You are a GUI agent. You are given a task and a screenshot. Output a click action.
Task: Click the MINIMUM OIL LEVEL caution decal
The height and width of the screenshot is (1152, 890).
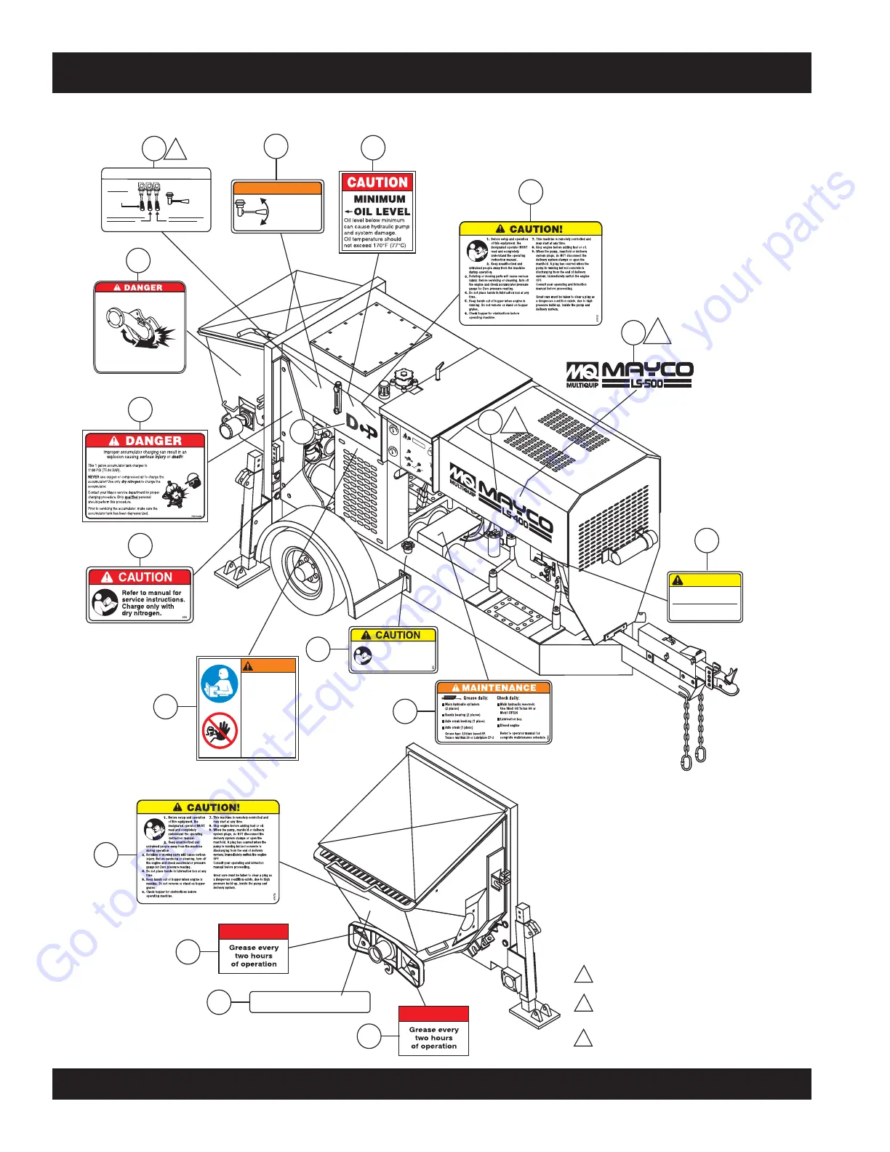coord(377,212)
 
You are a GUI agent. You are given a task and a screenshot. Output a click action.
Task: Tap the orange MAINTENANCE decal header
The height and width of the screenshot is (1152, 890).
coord(494,687)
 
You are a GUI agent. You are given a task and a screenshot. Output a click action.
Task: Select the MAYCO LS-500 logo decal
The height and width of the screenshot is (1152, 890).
coord(630,374)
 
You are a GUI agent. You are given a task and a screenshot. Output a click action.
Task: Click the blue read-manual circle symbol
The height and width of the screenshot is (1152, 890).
coord(220,684)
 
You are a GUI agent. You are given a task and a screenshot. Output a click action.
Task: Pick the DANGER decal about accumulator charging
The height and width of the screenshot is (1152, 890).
coord(145,476)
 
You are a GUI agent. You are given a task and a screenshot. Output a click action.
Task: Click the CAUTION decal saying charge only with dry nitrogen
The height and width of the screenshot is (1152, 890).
coord(140,595)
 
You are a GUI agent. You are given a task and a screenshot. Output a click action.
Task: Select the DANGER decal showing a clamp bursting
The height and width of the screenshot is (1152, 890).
coord(140,327)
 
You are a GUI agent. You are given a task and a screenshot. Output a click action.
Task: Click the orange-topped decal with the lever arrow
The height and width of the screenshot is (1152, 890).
coord(277,207)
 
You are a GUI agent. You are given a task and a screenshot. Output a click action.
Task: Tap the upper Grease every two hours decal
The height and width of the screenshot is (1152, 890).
coord(254,948)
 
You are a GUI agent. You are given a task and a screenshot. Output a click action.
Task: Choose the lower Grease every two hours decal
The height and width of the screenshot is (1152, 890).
coord(433,1031)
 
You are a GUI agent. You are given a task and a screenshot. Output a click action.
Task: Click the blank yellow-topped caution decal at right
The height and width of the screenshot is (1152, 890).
coord(705,596)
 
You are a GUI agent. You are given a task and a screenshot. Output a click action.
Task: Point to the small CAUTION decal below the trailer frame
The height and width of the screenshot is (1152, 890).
coord(393,649)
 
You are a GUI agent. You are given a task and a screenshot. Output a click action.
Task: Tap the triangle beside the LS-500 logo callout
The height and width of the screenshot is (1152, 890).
coord(659,330)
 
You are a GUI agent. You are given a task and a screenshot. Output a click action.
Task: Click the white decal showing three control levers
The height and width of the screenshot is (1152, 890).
coord(156,200)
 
